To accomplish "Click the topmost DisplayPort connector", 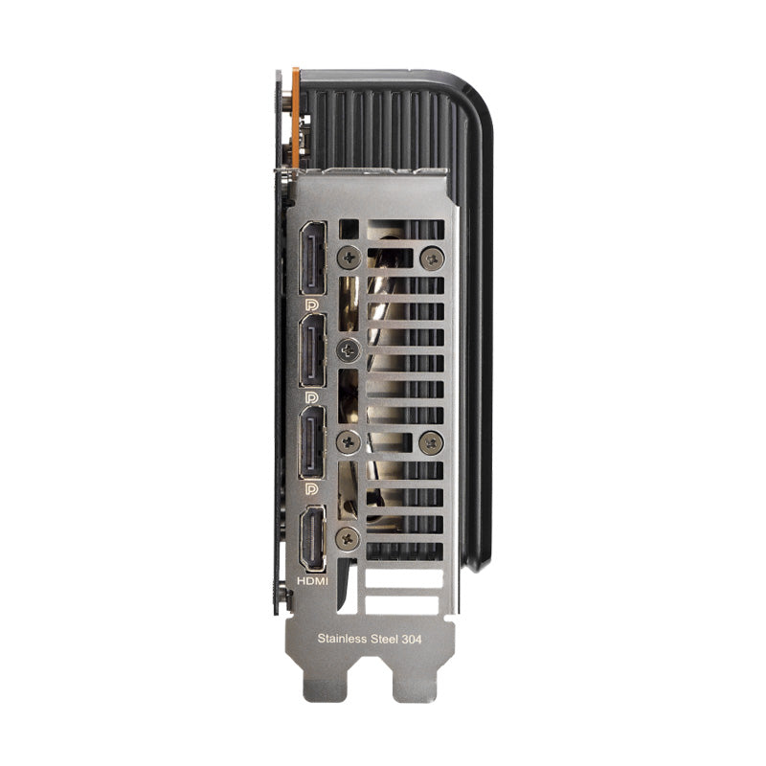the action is click(x=313, y=259).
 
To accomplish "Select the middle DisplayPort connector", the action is click(x=313, y=350).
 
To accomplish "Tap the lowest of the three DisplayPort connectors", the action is click(x=313, y=442).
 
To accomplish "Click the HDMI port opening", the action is click(x=313, y=539).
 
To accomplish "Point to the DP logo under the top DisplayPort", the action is click(x=311, y=305).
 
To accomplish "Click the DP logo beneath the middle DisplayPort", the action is click(x=311, y=397).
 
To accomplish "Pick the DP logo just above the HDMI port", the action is click(x=311, y=489).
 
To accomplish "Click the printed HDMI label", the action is click(x=313, y=581).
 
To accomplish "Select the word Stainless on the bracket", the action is click(x=342, y=639).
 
